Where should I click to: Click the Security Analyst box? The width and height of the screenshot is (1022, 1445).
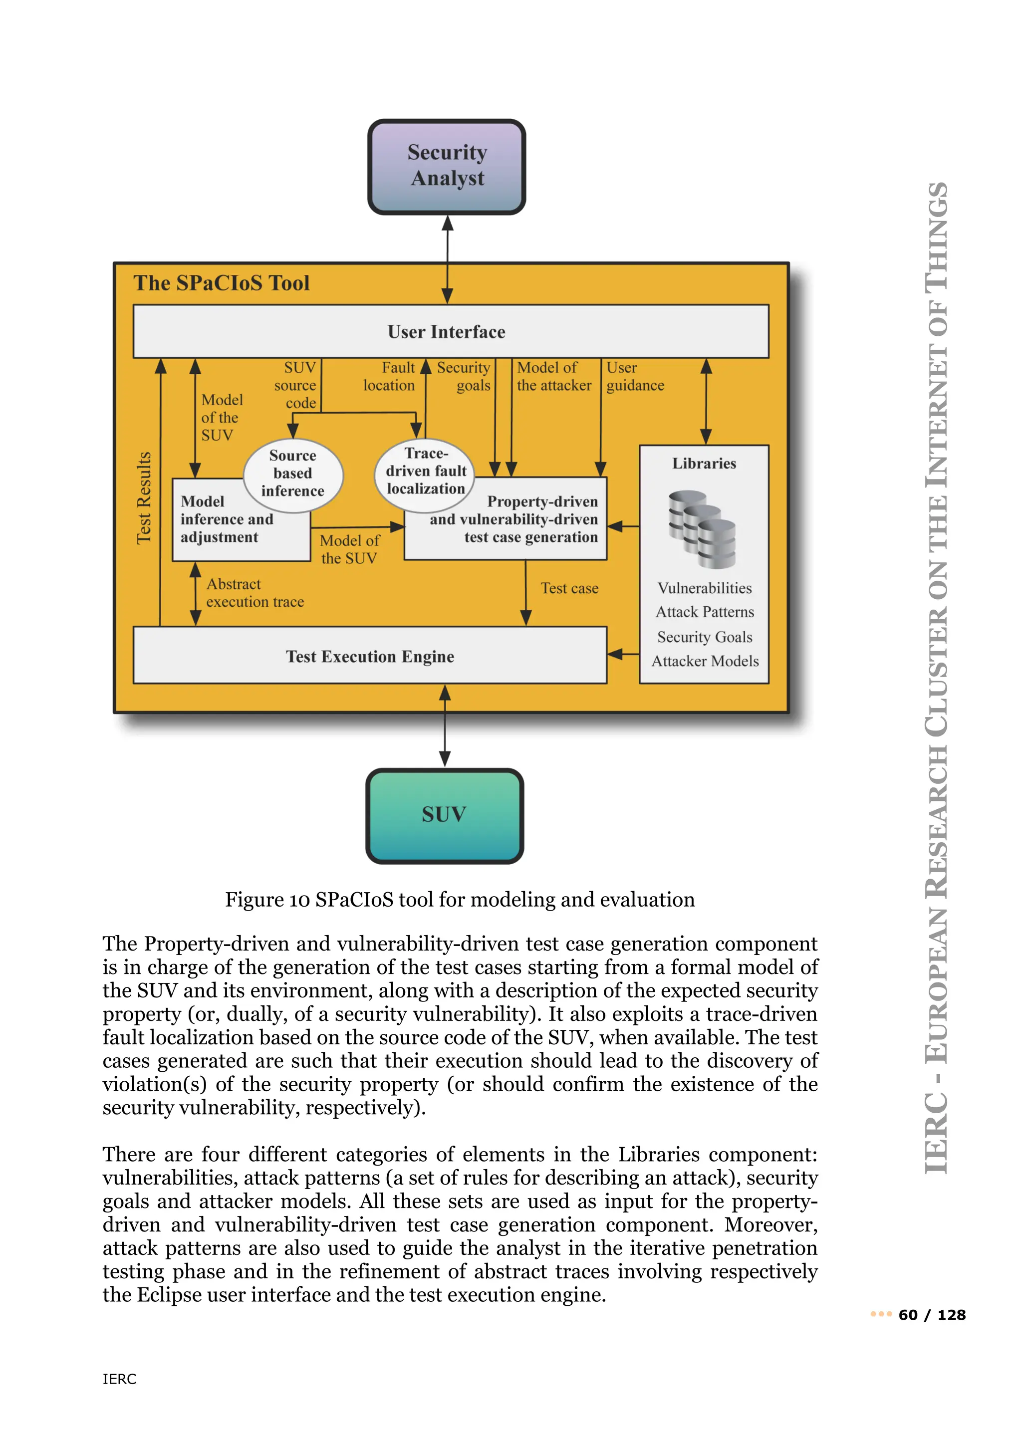[x=446, y=166]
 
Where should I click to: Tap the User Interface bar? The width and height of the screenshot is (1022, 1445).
[x=446, y=332]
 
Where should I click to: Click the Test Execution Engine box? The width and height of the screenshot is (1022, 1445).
[x=370, y=656]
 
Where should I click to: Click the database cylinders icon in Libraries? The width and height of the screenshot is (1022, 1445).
[x=702, y=529]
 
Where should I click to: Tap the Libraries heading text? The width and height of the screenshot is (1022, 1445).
[x=704, y=464]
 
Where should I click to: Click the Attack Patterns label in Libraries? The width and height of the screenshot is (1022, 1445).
[x=705, y=612]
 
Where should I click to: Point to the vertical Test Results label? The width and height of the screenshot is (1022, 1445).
[x=144, y=497]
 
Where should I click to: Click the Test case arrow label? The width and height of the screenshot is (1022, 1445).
[x=569, y=588]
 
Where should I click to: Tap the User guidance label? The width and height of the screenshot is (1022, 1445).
[x=634, y=376]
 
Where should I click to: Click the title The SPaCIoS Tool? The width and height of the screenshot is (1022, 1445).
[x=222, y=283]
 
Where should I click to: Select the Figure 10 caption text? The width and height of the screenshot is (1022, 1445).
[x=460, y=899]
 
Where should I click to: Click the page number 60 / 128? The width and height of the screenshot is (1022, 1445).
[x=931, y=1315]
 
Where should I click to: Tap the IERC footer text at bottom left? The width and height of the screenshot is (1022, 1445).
[x=119, y=1379]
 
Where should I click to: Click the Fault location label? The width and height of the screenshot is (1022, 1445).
[x=390, y=376]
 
